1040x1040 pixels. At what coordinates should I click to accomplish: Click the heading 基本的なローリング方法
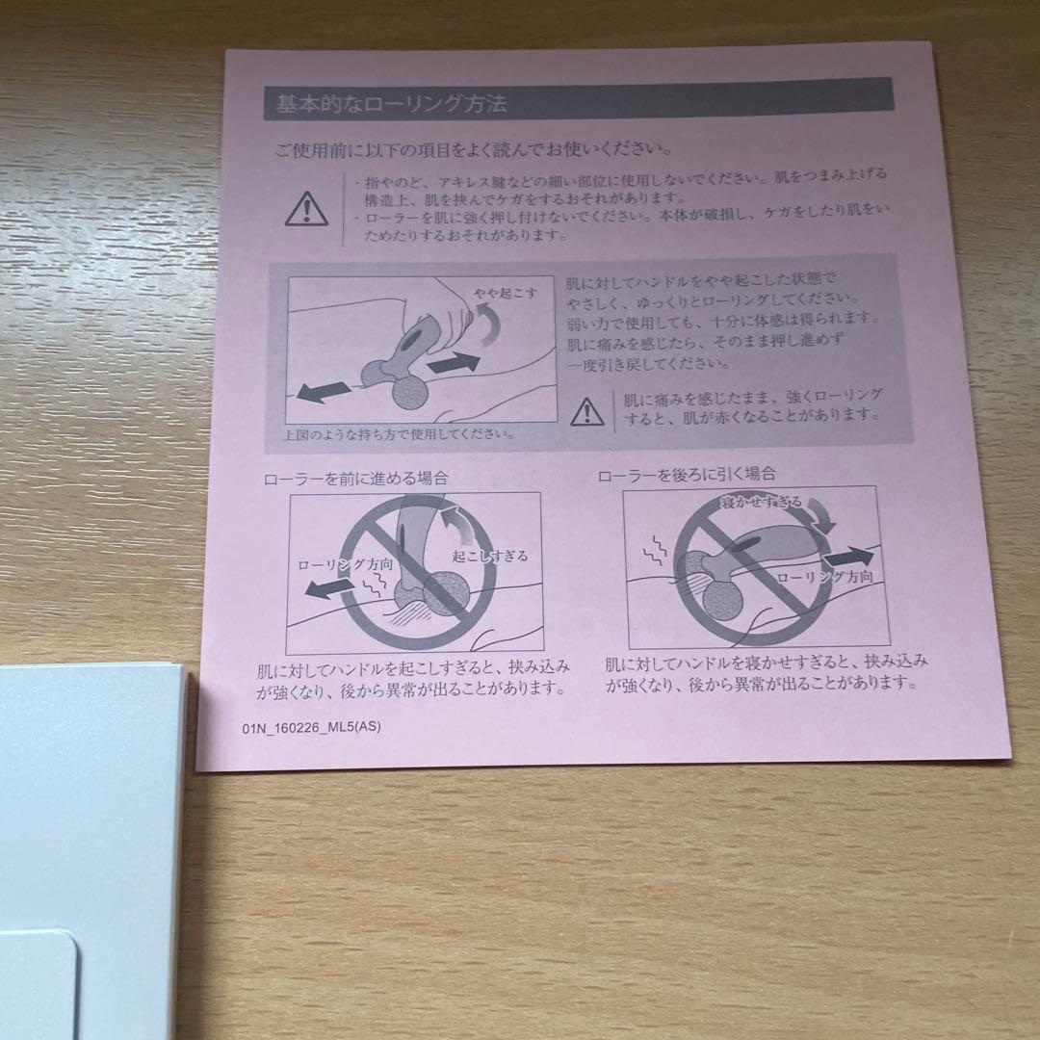pyautogui.click(x=391, y=103)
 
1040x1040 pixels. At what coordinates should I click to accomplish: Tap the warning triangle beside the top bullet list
pyautogui.click(x=306, y=209)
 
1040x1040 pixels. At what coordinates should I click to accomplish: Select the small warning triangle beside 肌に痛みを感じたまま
pyautogui.click(x=587, y=411)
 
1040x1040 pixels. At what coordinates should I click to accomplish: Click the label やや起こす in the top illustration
pyautogui.click(x=506, y=293)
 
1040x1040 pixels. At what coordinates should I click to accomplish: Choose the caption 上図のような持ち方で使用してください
pyautogui.click(x=399, y=435)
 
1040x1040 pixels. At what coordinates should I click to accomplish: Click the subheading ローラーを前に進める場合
pyautogui.click(x=355, y=478)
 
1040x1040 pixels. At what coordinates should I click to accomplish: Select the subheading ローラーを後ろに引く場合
pyautogui.click(x=687, y=474)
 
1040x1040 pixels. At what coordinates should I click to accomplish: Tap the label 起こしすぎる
pyautogui.click(x=490, y=556)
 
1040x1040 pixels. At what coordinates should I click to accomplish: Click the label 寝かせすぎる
pyautogui.click(x=762, y=502)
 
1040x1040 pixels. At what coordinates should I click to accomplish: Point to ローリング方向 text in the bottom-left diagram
pyautogui.click(x=345, y=564)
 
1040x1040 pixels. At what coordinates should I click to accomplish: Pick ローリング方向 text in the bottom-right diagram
pyautogui.click(x=824, y=577)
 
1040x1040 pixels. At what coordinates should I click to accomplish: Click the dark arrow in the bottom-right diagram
pyautogui.click(x=848, y=556)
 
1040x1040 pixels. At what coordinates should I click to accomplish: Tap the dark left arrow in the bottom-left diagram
pyautogui.click(x=327, y=587)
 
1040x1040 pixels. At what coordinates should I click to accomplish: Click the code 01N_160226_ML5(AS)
pyautogui.click(x=311, y=727)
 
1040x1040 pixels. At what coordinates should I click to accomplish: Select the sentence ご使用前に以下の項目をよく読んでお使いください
pyautogui.click(x=474, y=150)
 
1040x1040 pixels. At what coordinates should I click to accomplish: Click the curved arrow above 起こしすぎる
pyautogui.click(x=456, y=522)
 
